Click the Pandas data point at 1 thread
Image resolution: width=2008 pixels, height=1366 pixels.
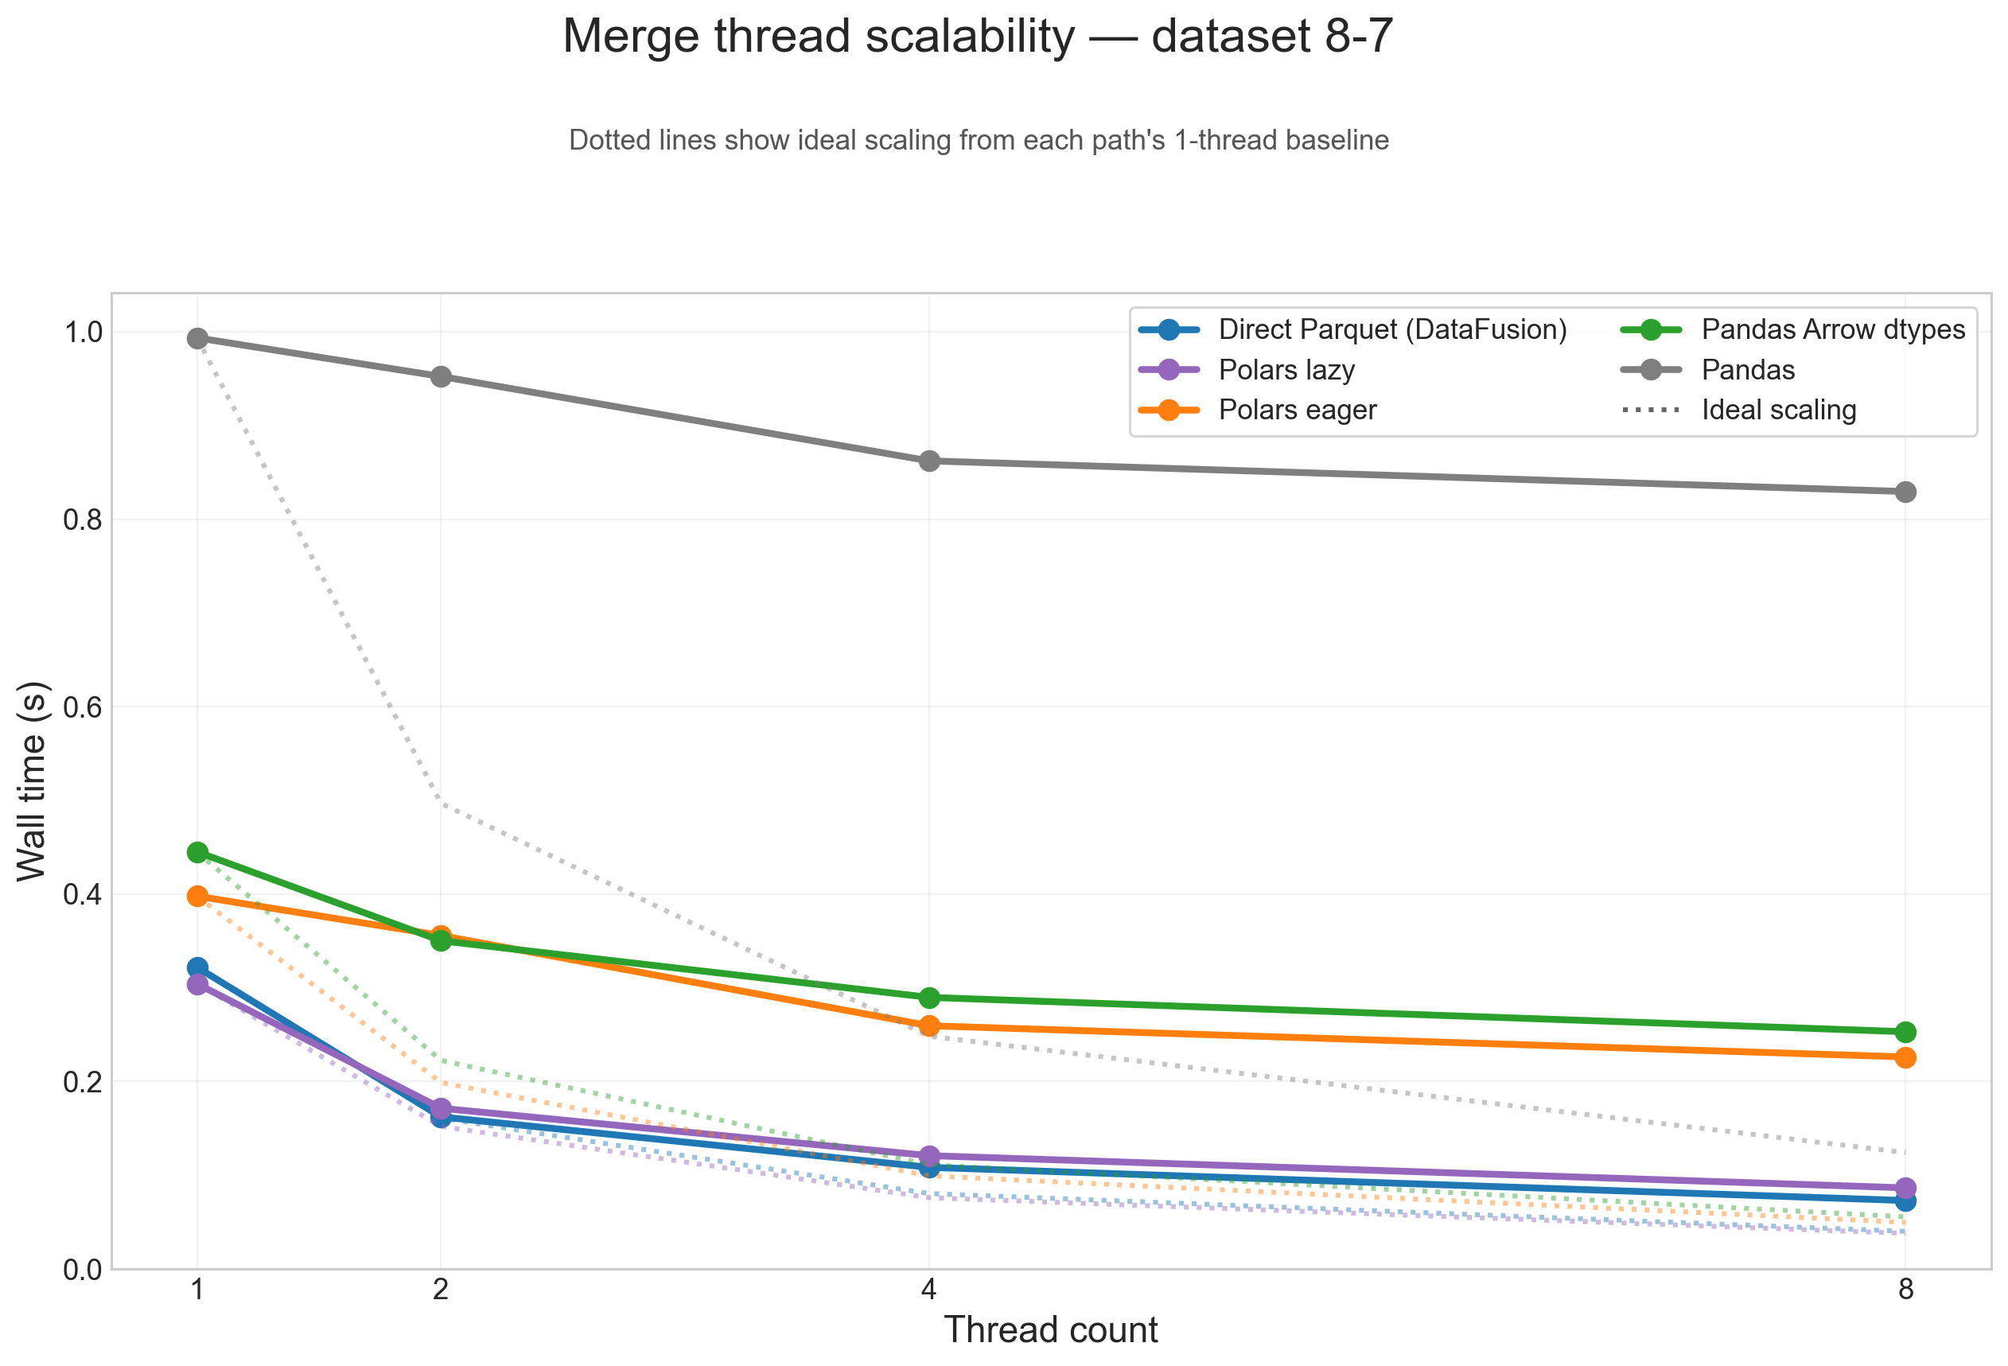197,338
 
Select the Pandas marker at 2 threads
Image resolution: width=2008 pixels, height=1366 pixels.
441,377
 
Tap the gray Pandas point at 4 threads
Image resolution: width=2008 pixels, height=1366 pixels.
929,461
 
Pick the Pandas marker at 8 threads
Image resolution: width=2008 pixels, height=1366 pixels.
1905,492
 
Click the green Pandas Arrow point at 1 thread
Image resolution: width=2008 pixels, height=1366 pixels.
197,853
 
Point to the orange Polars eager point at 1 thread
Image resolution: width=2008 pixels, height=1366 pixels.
197,896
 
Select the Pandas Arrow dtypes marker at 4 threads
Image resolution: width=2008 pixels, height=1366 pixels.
929,998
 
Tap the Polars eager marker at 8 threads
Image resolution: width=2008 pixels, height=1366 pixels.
1905,1057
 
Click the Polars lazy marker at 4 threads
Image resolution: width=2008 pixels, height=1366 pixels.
929,1156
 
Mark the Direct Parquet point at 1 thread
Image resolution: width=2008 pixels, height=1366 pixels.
197,967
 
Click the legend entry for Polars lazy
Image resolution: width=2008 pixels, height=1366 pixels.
1286,370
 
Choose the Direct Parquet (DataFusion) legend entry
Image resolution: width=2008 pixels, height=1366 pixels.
1392,329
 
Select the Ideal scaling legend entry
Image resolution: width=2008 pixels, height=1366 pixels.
1778,410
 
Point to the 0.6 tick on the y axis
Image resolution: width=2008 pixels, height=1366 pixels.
82,707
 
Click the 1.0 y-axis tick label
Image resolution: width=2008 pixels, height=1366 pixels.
82,332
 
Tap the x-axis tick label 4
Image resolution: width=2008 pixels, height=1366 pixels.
929,1290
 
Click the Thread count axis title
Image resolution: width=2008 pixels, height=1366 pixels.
1050,1329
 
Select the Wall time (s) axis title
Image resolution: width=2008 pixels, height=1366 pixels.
32,781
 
